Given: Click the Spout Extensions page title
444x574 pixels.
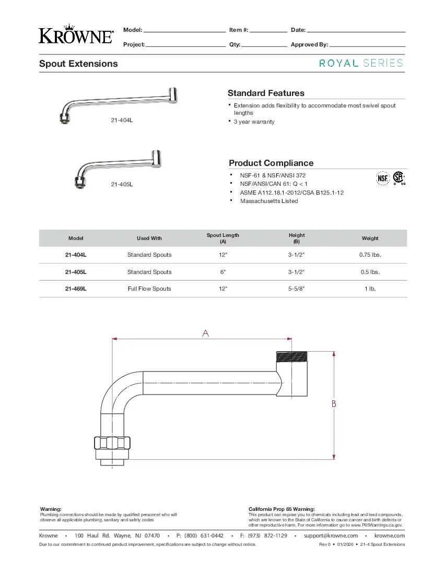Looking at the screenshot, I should pyautogui.click(x=78, y=64).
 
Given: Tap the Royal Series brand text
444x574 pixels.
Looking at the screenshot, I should pyautogui.click(x=361, y=63).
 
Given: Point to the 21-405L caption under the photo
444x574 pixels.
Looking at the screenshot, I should pyautogui.click(x=122, y=184).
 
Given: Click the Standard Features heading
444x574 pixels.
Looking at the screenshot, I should pyautogui.click(x=266, y=93).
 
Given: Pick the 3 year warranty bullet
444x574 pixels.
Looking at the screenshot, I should pyautogui.click(x=254, y=122).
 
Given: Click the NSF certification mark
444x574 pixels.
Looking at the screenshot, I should pyautogui.click(x=383, y=178).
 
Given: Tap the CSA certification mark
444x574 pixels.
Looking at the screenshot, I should pyautogui.click(x=399, y=178).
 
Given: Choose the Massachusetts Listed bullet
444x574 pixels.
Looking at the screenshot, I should pyautogui.click(x=269, y=201).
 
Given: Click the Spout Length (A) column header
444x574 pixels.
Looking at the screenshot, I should pyautogui.click(x=223, y=238).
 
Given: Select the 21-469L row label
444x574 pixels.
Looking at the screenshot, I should pyautogui.click(x=76, y=289).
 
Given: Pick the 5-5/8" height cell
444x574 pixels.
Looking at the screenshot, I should pyautogui.click(x=296, y=289).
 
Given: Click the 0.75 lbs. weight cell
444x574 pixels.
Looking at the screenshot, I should pyautogui.click(x=370, y=255).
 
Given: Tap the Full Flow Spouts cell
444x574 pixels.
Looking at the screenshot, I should pyautogui.click(x=149, y=289).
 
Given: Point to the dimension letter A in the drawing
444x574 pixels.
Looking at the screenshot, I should pyautogui.click(x=205, y=333).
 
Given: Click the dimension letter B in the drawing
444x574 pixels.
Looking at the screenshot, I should pyautogui.click(x=334, y=404).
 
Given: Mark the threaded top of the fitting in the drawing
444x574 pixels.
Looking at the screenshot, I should pyautogui.click(x=291, y=356).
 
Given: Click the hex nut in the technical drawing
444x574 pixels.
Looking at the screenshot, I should pyautogui.click(x=112, y=443).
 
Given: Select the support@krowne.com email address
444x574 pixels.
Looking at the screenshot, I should pyautogui.click(x=331, y=536).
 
